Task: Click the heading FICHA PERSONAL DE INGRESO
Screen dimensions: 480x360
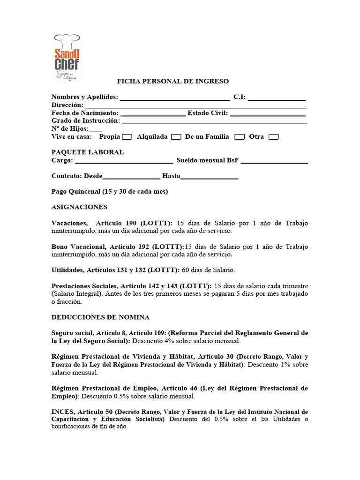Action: pyautogui.click(x=172, y=81)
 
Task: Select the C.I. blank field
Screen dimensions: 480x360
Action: pyautogui.click(x=277, y=97)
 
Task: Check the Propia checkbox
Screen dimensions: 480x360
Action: pyautogui.click(x=127, y=137)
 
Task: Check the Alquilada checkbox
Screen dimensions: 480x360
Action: pyautogui.click(x=176, y=137)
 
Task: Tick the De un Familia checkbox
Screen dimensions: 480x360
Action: pyautogui.click(x=240, y=137)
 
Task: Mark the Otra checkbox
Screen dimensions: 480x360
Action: pyautogui.click(x=273, y=137)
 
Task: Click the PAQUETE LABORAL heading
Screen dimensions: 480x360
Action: pyautogui.click(x=88, y=152)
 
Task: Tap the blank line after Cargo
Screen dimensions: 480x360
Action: pyautogui.click(x=124, y=161)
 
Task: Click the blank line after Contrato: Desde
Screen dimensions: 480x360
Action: pyautogui.click(x=131, y=177)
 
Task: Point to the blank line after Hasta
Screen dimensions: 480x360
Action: pyautogui.click(x=210, y=177)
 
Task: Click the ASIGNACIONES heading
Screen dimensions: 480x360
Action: pyautogui.click(x=79, y=207)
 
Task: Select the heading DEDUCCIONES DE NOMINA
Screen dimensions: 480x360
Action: pyautogui.click(x=100, y=317)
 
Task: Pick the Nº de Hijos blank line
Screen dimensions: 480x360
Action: pyautogui.click(x=95, y=129)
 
